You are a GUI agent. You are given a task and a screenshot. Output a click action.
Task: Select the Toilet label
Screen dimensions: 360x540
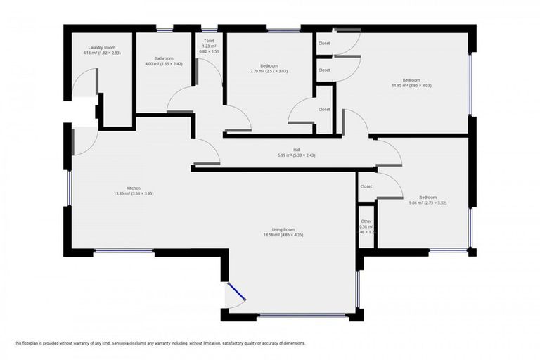point(209,41)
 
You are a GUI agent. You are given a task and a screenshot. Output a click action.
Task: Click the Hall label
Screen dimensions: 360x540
point(297,149)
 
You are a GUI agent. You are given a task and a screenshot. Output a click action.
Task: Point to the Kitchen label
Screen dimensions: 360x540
point(134,188)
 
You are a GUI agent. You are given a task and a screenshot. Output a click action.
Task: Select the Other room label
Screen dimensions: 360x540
point(366,221)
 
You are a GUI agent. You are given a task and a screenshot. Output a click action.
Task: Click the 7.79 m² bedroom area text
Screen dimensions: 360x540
point(269,71)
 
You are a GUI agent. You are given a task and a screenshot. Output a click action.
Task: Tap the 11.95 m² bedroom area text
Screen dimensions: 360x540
point(411,85)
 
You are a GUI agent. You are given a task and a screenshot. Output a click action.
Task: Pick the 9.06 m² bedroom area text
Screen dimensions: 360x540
point(427,202)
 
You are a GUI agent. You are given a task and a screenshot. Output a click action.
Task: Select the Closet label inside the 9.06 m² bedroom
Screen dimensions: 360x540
point(366,186)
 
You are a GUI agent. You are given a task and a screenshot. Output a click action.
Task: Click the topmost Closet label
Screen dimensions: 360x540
point(324,44)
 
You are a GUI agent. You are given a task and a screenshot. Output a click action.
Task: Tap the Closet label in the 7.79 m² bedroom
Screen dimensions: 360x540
point(324,109)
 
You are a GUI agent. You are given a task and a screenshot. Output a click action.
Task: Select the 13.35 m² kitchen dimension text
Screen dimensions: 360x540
point(134,193)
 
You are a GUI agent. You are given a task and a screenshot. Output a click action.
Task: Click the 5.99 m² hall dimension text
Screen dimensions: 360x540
point(297,155)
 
